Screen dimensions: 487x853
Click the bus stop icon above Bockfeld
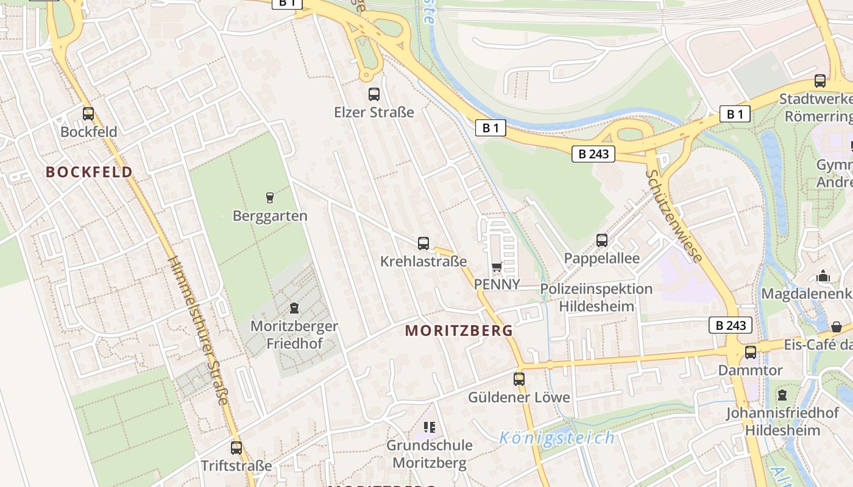pos(88,114)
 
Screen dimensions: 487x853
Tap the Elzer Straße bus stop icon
pos(374,94)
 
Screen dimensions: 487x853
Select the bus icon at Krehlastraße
pos(423,243)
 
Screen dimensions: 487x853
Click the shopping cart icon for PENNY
pos(497,267)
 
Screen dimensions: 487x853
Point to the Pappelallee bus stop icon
pos(602,240)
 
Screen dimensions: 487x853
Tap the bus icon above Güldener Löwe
pos(519,379)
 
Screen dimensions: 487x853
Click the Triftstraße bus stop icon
pos(236,448)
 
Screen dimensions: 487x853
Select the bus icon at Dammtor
pos(751,352)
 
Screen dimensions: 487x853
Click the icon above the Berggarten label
pos(269,197)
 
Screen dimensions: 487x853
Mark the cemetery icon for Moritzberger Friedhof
pos(294,308)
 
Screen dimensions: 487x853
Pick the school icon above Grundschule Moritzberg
pos(430,427)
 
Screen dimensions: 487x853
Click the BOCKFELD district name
pos(89,172)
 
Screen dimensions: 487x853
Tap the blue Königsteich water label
pos(557,438)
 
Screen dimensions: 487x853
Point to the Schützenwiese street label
pos(674,216)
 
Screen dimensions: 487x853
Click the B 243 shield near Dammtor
pos(731,325)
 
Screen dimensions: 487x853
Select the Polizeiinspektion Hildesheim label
pos(596,297)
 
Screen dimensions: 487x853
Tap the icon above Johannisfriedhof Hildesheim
pos(782,396)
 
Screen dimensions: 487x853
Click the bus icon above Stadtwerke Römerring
pos(820,81)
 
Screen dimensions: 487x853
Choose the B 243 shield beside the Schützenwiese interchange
pos(593,154)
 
